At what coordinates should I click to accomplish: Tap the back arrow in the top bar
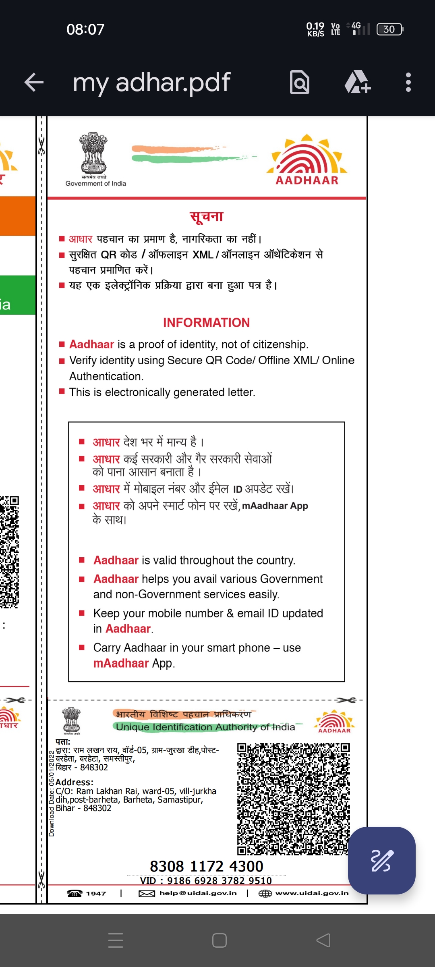pyautogui.click(x=34, y=83)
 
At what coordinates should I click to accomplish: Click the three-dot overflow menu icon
pyautogui.click(x=408, y=83)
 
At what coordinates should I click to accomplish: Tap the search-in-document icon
pyautogui.click(x=300, y=83)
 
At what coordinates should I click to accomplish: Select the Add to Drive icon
pyautogui.click(x=357, y=82)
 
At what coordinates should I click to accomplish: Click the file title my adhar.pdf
pyautogui.click(x=151, y=83)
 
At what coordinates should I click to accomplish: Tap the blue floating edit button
pyautogui.click(x=381, y=860)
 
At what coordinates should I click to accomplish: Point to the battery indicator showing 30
pyautogui.click(x=389, y=29)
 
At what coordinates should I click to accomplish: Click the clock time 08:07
pyautogui.click(x=85, y=29)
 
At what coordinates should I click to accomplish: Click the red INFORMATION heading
pyautogui.click(x=206, y=323)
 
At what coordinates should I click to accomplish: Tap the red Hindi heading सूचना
pyautogui.click(x=207, y=217)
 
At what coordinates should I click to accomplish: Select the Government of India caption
pyautogui.click(x=96, y=184)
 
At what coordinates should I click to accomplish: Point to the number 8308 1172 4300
pyautogui.click(x=206, y=866)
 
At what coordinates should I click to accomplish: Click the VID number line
pyautogui.click(x=206, y=881)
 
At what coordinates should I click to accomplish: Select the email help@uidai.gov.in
pyautogui.click(x=198, y=893)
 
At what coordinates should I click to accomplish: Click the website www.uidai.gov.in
pyautogui.click(x=312, y=893)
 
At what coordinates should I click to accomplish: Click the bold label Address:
pyautogui.click(x=75, y=782)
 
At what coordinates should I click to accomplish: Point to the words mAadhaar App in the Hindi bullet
pyautogui.click(x=275, y=506)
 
